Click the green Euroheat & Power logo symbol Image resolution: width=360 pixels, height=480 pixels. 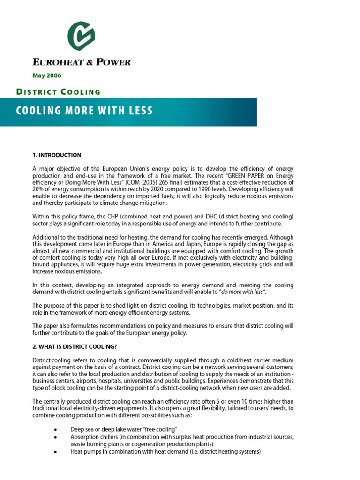[x=81, y=36]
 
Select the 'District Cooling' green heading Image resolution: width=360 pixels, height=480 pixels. [x=59, y=91]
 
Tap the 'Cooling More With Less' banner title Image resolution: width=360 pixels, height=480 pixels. [x=85, y=111]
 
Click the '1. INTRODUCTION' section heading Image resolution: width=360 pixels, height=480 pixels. [x=57, y=155]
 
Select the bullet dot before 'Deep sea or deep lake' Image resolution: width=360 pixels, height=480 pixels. [x=56, y=429]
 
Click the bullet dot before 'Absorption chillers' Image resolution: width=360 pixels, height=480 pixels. [x=56, y=437]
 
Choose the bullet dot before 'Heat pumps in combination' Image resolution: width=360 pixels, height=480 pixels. [x=56, y=452]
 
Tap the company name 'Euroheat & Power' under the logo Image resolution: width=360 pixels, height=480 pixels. [x=81, y=62]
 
